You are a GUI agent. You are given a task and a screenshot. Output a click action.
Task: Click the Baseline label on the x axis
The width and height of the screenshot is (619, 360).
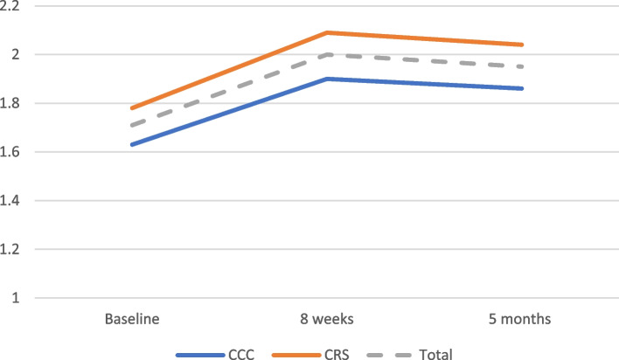coord(132,319)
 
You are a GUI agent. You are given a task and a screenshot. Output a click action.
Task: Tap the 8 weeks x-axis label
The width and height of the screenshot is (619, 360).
coord(327,319)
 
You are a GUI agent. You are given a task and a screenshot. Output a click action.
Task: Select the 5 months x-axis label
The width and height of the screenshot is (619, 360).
coord(519,319)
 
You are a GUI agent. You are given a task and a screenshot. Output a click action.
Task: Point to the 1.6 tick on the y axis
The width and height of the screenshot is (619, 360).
coord(10,152)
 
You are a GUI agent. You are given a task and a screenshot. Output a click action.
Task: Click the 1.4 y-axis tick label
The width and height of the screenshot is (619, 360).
coord(10,200)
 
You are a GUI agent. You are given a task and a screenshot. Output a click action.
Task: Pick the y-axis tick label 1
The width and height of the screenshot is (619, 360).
coord(16,298)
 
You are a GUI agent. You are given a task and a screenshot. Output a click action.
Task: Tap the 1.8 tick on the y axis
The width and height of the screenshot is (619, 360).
coord(10,103)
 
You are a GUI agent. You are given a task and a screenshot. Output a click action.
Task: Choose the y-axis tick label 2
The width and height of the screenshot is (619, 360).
coord(16,54)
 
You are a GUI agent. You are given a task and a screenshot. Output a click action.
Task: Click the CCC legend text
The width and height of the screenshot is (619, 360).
coord(241,355)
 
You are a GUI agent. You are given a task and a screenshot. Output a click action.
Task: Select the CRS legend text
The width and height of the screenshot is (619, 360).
coord(337,355)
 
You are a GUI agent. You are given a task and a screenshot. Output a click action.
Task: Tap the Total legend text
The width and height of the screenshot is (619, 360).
coord(435,355)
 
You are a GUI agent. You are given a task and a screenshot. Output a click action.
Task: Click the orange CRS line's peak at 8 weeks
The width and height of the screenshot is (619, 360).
coord(328,32)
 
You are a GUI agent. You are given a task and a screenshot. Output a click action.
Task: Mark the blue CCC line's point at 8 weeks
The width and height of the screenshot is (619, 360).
coord(328,79)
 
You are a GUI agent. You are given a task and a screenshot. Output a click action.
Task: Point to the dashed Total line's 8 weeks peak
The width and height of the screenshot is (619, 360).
coord(328,55)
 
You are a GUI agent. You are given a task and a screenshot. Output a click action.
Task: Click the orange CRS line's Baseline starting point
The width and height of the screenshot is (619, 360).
coord(132,108)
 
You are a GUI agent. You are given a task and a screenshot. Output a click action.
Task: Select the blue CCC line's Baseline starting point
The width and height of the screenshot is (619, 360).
coord(132,144)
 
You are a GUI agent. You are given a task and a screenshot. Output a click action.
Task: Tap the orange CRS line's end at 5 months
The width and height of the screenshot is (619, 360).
coord(522,45)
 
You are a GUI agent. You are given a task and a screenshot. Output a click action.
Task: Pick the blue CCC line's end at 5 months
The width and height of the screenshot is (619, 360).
coord(522,88)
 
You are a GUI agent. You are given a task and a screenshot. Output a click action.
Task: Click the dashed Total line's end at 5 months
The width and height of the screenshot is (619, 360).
coord(522,66)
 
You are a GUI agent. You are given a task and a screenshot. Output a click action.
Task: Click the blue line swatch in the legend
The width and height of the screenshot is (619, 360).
coord(200,356)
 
